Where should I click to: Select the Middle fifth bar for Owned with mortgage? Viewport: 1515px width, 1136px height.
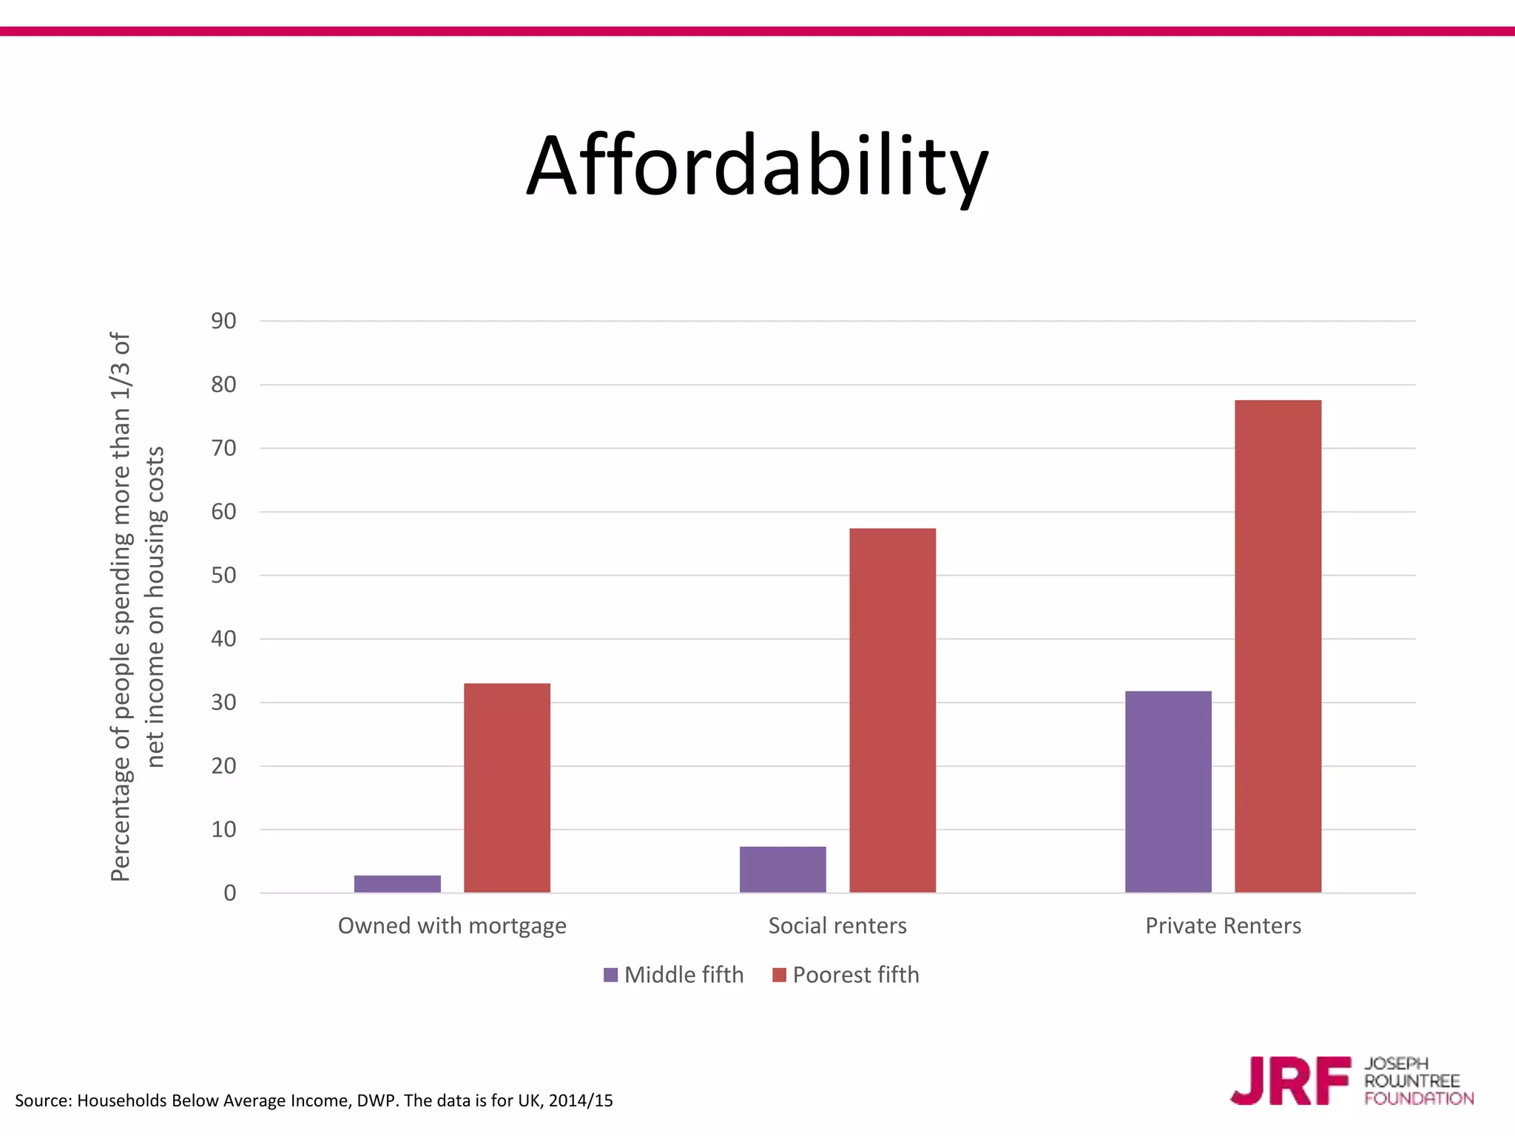[x=397, y=884]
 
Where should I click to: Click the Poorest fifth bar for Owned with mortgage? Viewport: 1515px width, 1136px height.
[x=507, y=788]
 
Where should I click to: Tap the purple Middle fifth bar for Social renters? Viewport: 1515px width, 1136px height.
[x=783, y=869]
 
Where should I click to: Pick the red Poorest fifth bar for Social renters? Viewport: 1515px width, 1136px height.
[x=892, y=710]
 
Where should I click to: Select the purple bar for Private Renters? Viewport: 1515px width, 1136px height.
[x=1168, y=791]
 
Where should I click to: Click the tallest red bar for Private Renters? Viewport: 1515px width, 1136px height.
[x=1278, y=646]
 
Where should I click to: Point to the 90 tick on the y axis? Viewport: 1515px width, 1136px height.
[x=223, y=321]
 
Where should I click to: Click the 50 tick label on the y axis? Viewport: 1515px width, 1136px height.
[x=223, y=575]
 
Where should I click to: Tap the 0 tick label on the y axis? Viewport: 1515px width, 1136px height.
[x=230, y=893]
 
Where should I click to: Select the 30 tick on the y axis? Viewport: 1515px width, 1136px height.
[x=223, y=703]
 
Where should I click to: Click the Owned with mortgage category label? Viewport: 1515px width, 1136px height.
[x=452, y=926]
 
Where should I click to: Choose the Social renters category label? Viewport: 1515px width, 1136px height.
[x=837, y=926]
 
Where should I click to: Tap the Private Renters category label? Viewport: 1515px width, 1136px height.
[x=1223, y=926]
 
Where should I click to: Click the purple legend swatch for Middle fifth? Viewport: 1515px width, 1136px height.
[x=610, y=975]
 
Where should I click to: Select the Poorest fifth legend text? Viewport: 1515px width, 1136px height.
[x=856, y=975]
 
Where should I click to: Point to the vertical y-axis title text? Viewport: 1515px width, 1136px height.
[x=137, y=606]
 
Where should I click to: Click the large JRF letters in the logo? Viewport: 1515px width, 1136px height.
[x=1291, y=1081]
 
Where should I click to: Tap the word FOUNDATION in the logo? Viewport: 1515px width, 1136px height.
[x=1419, y=1099]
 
